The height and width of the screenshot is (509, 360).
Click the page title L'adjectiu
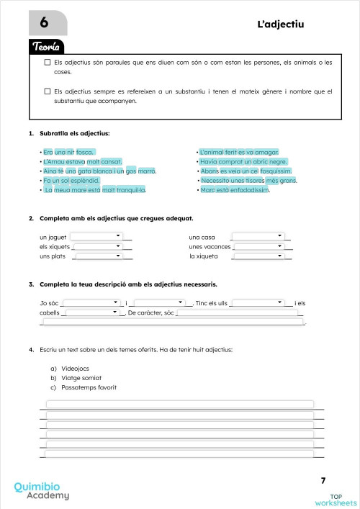pos(281,24)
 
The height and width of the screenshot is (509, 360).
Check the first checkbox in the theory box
pos(47,63)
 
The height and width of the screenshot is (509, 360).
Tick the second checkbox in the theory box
pos(47,91)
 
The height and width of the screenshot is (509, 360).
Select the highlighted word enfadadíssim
pos(243,190)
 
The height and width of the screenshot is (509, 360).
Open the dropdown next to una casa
pos(259,235)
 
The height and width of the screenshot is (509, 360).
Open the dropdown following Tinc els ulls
pos(260,302)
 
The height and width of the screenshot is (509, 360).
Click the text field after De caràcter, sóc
pos(240,312)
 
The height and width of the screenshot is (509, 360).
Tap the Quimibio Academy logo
pos(42,490)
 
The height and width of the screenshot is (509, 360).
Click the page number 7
pos(323,480)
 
